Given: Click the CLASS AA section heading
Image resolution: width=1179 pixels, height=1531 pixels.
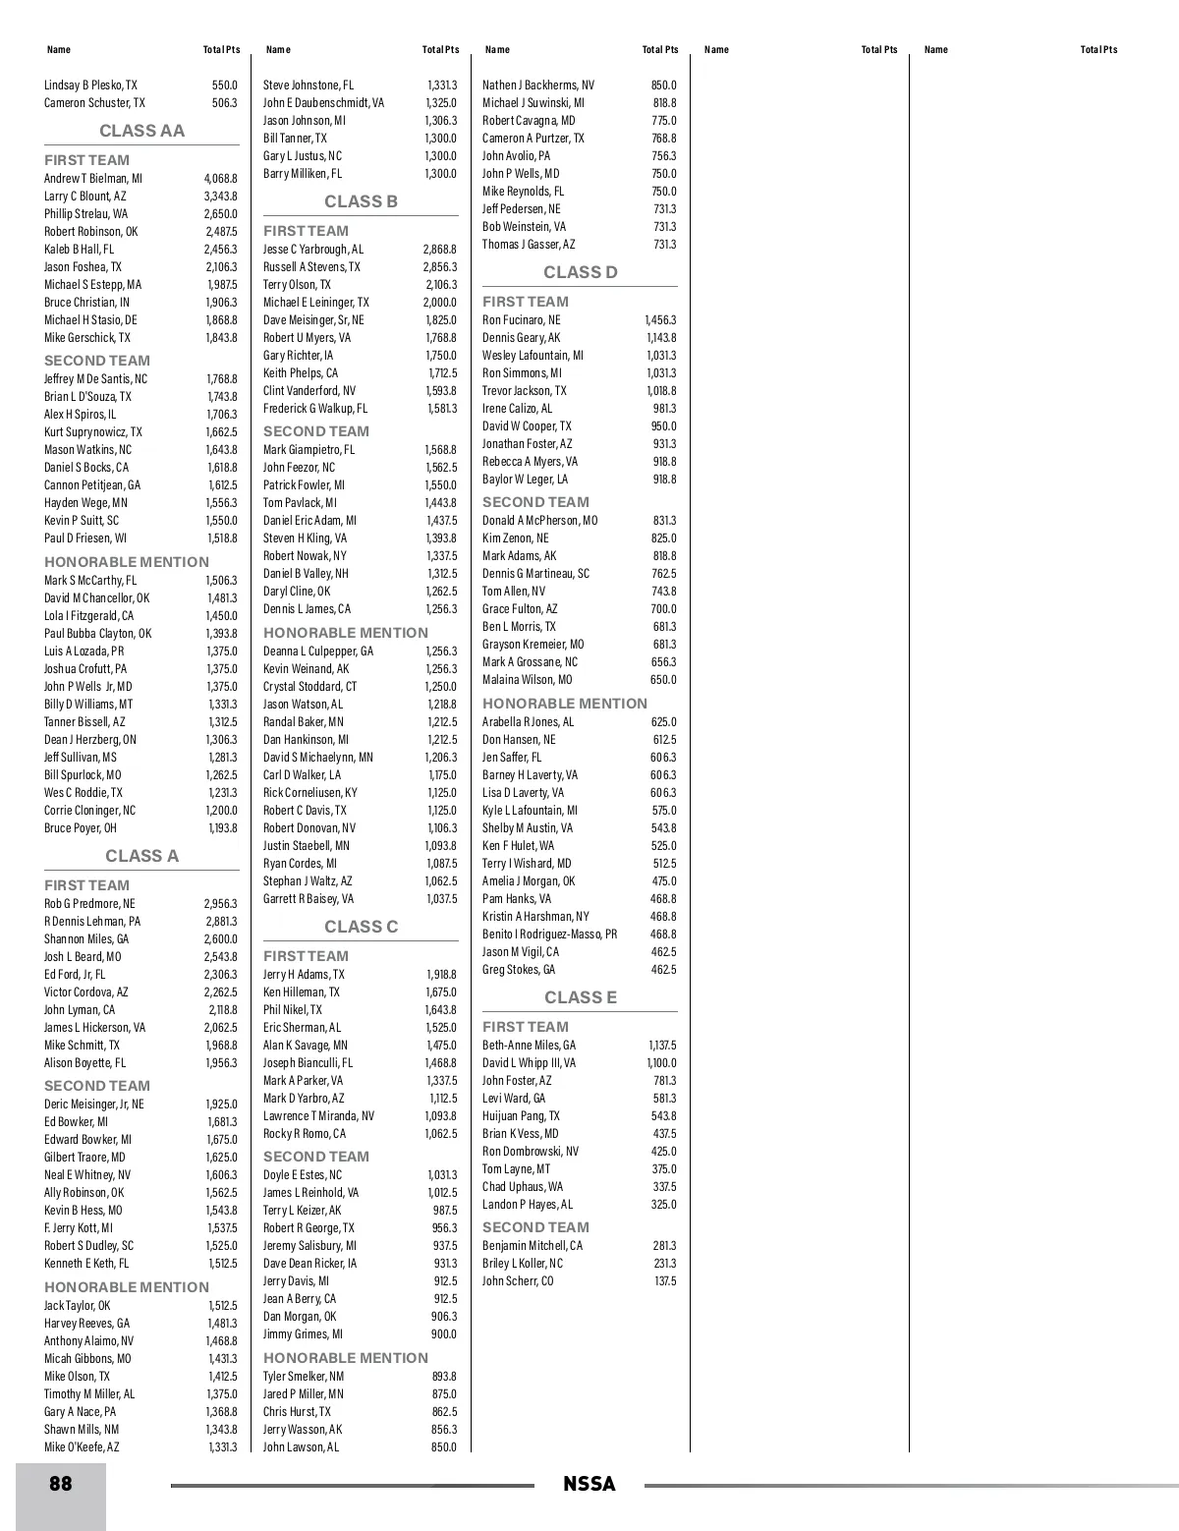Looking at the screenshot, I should click(x=141, y=131).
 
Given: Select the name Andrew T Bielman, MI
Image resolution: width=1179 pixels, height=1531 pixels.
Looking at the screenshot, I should click(x=93, y=179).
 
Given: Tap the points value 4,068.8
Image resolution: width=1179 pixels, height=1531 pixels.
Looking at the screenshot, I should click(x=220, y=179).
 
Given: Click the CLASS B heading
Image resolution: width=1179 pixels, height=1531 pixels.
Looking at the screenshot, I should click(x=361, y=201).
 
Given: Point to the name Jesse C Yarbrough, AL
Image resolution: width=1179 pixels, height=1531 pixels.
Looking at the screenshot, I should click(x=313, y=250).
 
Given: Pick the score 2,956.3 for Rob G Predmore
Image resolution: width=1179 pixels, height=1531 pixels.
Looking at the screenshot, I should click(x=220, y=904).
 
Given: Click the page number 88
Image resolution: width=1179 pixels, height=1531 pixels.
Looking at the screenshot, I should click(x=61, y=1483).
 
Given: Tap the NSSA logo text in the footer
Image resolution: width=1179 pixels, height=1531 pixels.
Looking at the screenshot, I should click(x=589, y=1484).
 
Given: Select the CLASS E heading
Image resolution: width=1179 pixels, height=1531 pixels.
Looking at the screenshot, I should click(x=581, y=997).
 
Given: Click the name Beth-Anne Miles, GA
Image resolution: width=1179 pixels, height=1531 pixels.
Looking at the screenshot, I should click(x=530, y=1046).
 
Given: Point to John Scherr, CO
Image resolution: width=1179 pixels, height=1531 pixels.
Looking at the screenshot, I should click(x=518, y=1281).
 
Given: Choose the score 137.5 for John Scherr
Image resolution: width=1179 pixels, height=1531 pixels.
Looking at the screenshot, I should click(x=665, y=1281).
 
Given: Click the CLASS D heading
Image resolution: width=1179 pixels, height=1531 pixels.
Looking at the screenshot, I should click(x=581, y=272).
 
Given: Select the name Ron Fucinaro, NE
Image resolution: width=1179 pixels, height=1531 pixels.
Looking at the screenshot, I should click(x=522, y=320).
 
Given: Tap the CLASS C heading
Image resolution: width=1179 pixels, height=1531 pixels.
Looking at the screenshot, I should click(x=361, y=927).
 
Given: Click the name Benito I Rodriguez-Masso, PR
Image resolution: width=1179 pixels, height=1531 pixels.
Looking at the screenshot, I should click(x=550, y=935).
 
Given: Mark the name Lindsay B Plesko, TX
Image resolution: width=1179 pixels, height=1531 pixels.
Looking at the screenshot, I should click(x=91, y=85).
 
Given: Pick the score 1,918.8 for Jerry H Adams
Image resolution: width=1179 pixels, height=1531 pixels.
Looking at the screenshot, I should click(x=441, y=975).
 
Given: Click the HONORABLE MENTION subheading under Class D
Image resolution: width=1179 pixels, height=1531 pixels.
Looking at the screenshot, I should click(x=565, y=704).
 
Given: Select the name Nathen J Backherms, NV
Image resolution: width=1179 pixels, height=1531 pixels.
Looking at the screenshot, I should click(x=538, y=85).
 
